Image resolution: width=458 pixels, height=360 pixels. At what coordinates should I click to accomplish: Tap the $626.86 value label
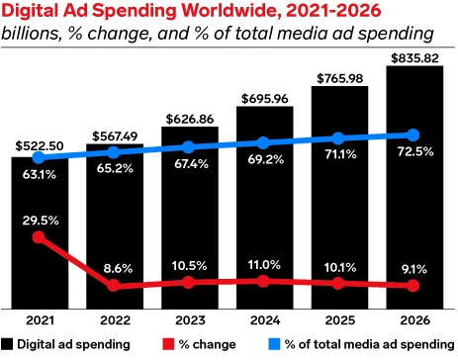coord(188,117)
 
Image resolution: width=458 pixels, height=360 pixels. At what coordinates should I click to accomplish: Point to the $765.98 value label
coord(338,77)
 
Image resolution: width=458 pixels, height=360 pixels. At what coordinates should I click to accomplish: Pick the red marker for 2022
coord(113,286)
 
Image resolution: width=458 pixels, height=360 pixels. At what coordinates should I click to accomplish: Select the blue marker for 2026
coord(413,135)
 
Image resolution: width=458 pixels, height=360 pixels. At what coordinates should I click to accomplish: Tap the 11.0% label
coord(263,264)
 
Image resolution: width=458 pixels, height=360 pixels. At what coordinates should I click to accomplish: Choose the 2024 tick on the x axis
coord(263,320)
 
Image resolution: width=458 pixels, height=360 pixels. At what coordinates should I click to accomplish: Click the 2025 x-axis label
coord(338,320)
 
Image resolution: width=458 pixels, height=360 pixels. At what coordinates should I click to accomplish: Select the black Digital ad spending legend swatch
coord(8,344)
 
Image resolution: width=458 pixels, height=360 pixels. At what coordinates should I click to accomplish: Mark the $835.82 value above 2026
coord(413,57)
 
